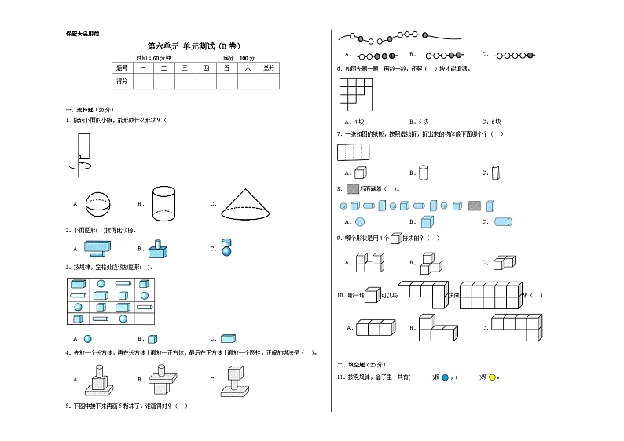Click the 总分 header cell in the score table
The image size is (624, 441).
[268, 68]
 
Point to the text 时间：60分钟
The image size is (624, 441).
[152, 58]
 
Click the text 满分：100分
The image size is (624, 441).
[239, 58]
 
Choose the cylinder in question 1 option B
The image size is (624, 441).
[163, 202]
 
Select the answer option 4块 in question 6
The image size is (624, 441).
[354, 122]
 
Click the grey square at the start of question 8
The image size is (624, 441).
[351, 189]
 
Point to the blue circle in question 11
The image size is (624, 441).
[446, 377]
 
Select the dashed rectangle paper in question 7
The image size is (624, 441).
[353, 152]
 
